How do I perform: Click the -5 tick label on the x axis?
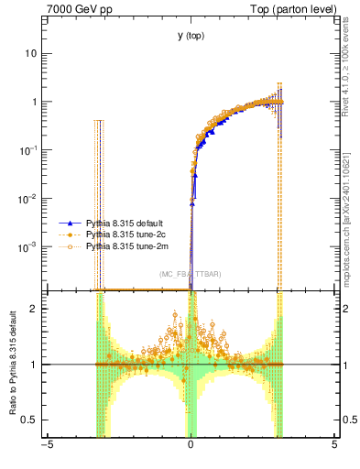coord(47,445)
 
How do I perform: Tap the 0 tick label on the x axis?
coord(191,445)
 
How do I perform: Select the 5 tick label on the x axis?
coord(334,445)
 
